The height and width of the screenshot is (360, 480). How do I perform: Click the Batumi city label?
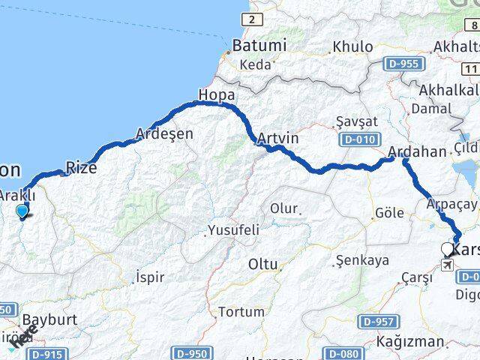point(259,46)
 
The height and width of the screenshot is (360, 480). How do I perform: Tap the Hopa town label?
point(216,95)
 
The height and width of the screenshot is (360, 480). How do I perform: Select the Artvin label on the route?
point(277,139)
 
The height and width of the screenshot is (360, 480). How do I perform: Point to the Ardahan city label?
point(417,152)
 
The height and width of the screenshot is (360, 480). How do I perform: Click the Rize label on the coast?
point(82,168)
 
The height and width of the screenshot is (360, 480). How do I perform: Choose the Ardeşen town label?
point(164,134)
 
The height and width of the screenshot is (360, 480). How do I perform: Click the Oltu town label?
point(262,264)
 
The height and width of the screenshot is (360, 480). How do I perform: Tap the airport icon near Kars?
point(448,265)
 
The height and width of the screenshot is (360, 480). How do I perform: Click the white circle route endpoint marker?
point(448,250)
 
